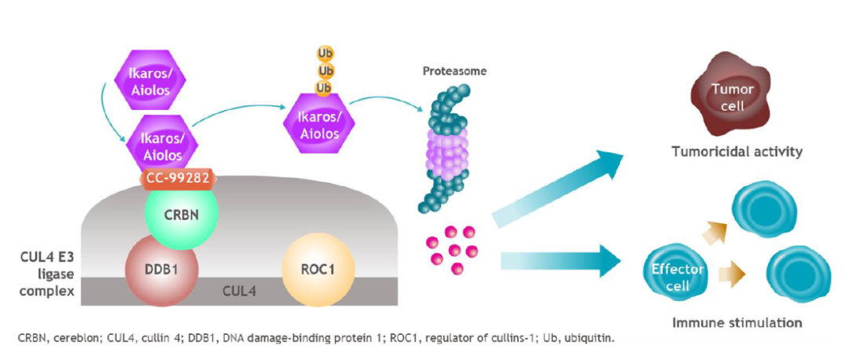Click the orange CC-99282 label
click(178, 179)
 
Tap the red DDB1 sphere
click(161, 270)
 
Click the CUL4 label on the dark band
click(240, 292)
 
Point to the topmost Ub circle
click(325, 53)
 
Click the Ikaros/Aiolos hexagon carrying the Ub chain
click(319, 125)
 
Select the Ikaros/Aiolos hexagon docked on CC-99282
click(163, 146)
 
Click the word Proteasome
click(454, 71)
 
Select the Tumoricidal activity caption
click(737, 152)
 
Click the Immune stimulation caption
click(737, 324)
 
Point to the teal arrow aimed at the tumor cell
click(557, 187)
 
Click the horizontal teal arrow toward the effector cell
click(560, 259)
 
